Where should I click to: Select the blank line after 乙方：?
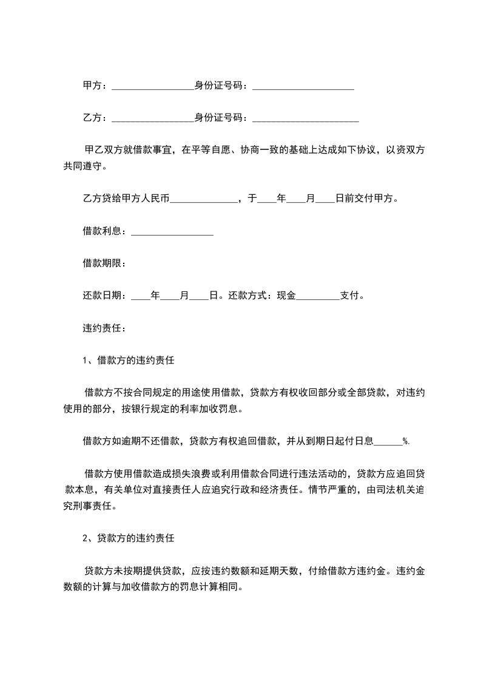153,119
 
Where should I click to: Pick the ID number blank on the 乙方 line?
305,119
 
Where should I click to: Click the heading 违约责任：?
104,328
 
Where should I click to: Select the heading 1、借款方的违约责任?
129,361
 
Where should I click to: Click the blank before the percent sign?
389,443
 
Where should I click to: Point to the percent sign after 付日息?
406,442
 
